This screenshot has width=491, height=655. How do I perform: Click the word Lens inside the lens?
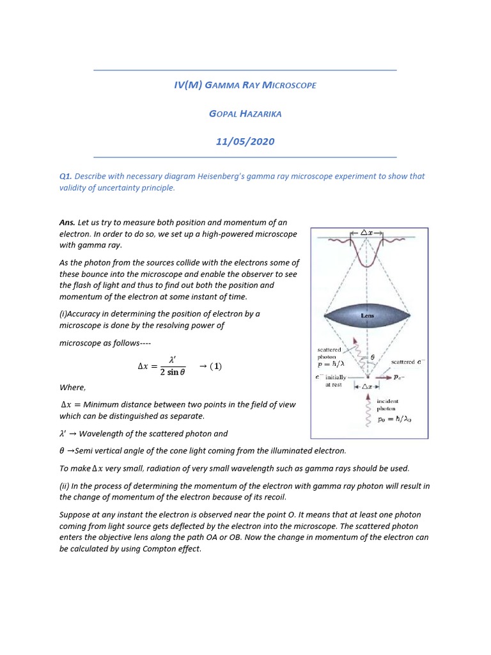(368, 315)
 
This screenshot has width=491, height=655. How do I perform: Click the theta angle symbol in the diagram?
(373, 357)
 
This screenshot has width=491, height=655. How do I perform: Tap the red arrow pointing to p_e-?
(381, 377)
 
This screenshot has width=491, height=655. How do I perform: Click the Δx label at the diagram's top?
(367, 233)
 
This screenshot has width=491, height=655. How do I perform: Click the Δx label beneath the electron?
(367, 386)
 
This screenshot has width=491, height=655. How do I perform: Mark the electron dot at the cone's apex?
(367, 377)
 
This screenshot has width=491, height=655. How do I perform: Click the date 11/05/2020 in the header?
(245, 141)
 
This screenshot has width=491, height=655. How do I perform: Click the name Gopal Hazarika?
(245, 113)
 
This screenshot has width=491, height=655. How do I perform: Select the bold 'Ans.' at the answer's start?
(67, 223)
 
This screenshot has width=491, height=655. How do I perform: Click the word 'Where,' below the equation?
(72, 388)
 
